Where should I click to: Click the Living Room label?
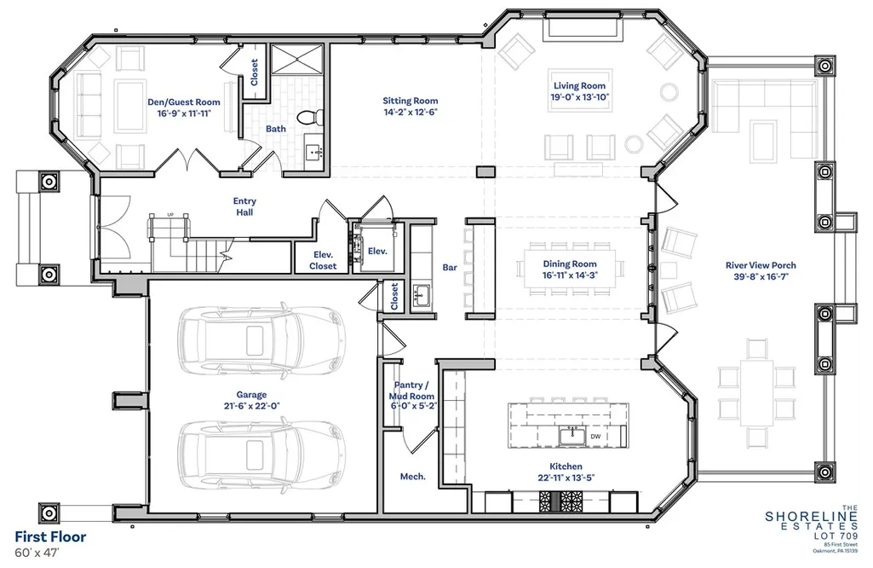[579, 86]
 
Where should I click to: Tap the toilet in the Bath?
[307, 117]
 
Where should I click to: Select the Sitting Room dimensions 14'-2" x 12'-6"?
[411, 112]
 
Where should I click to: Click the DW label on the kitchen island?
[595, 437]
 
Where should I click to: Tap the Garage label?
[251, 395]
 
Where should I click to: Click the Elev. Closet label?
[323, 260]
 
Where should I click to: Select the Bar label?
[450, 268]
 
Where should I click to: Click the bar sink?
[421, 294]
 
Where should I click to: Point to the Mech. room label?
[412, 477]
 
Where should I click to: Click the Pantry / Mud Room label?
[412, 391]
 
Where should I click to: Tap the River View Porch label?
[761, 265]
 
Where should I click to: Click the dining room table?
[570, 269]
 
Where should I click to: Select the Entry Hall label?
[244, 206]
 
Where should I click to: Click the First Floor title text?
[50, 536]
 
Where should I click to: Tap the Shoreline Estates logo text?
[812, 520]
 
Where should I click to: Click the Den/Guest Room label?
[184, 102]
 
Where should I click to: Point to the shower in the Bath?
[296, 59]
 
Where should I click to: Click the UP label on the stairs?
[170, 215]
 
